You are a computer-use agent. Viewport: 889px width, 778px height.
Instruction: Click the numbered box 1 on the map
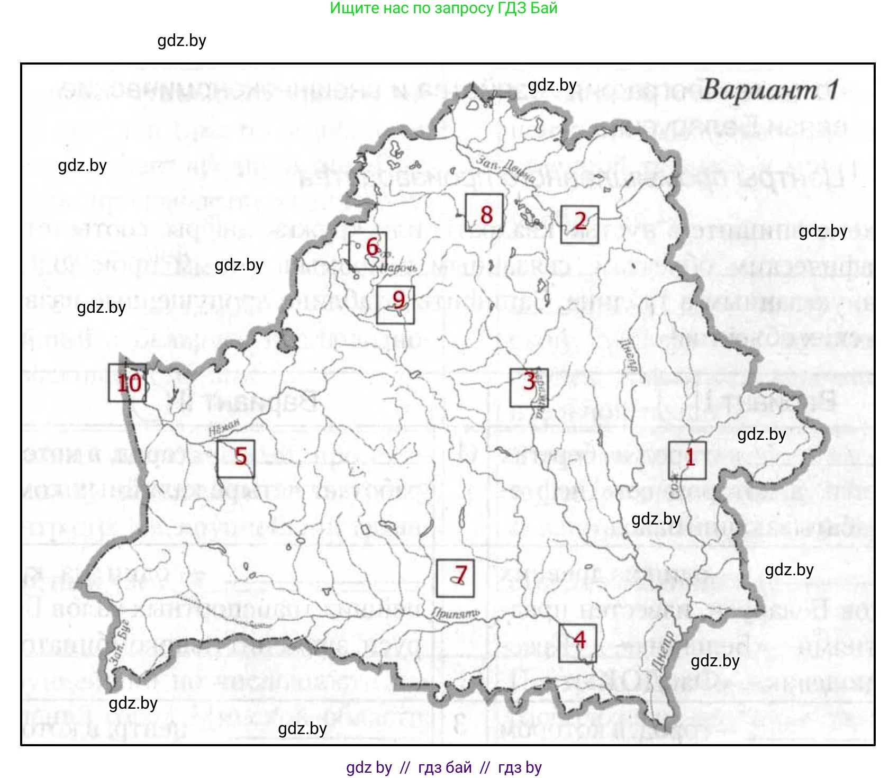click(687, 460)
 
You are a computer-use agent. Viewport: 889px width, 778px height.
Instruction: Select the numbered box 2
click(579, 224)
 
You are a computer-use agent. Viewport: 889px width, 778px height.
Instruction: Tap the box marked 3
click(529, 387)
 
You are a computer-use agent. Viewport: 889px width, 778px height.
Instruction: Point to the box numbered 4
click(577, 643)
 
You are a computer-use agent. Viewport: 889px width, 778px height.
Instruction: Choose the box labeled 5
click(236, 458)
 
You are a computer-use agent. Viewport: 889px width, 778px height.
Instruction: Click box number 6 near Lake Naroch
click(368, 250)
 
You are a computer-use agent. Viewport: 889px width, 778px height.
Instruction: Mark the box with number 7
click(455, 578)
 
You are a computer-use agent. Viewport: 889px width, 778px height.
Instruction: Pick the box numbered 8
click(484, 212)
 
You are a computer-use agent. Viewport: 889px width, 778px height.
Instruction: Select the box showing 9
click(395, 304)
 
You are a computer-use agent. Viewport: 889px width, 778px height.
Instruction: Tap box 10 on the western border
click(127, 383)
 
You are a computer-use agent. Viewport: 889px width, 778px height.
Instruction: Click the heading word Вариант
click(760, 90)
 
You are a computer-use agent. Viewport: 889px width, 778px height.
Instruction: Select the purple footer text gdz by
click(369, 767)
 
